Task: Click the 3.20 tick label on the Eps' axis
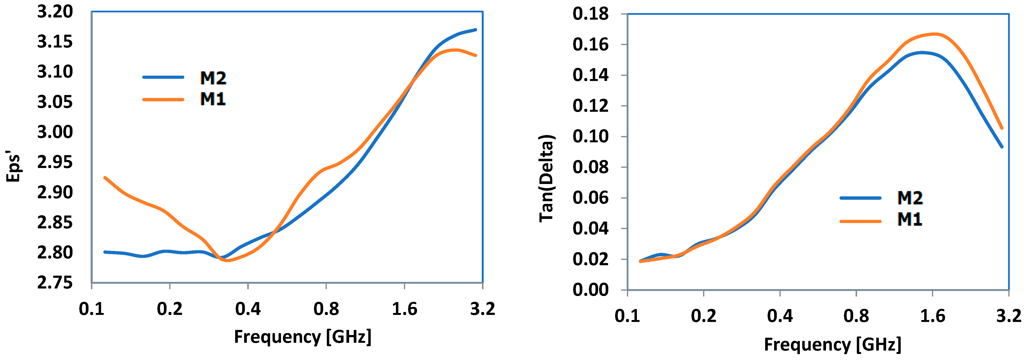tap(55, 12)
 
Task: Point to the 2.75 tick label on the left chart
tap(55, 283)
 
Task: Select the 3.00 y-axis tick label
tap(55, 132)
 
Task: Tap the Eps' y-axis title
tap(13, 166)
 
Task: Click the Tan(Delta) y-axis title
tap(546, 178)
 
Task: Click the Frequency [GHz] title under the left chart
tap(303, 337)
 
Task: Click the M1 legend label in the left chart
tap(212, 99)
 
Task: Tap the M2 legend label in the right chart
tap(910, 198)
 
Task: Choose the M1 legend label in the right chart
tap(909, 219)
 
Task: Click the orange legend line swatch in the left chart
tap(163, 99)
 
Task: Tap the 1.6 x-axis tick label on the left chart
tap(404, 309)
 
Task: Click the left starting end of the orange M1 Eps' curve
tap(105, 177)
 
